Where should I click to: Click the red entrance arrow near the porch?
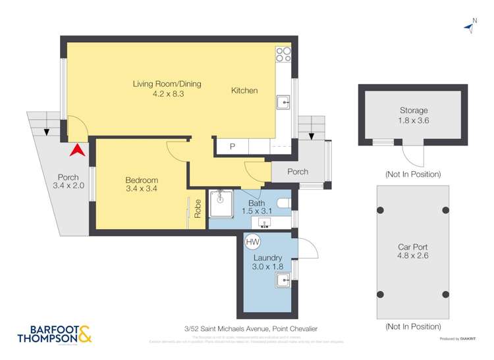pyautogui.click(x=77, y=149)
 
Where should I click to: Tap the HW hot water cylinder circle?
pyautogui.click(x=252, y=242)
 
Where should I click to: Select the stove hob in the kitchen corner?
pyautogui.click(x=284, y=55)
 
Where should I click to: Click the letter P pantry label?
pyautogui.click(x=232, y=147)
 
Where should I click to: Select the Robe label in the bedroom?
pyautogui.click(x=198, y=209)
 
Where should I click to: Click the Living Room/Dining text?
pyautogui.click(x=167, y=84)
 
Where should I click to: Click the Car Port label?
pyautogui.click(x=413, y=247)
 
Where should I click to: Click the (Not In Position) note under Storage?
pyautogui.click(x=413, y=174)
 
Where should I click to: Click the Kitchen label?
pyautogui.click(x=244, y=91)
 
